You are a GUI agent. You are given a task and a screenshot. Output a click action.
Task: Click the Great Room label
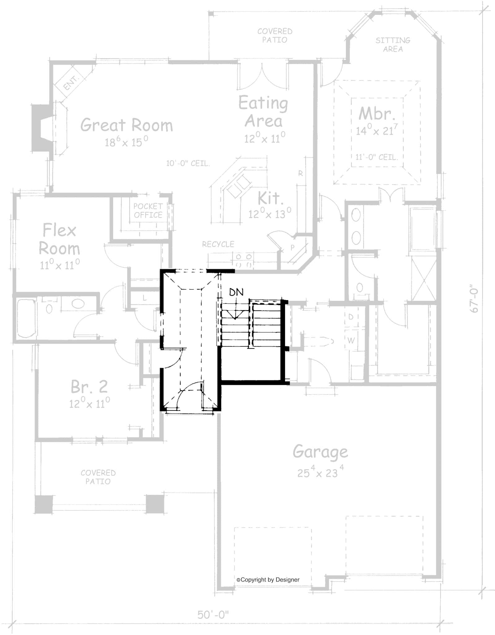point(126,125)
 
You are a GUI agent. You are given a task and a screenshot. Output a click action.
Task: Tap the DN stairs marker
point(236,292)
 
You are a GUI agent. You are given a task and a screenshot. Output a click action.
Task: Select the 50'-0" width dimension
point(213,614)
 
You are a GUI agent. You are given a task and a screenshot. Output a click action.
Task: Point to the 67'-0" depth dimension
point(474,300)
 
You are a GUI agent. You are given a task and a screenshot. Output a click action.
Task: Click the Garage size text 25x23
point(320,473)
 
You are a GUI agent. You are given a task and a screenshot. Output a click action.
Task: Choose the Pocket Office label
point(148,211)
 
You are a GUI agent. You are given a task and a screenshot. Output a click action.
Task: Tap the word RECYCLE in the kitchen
point(218,244)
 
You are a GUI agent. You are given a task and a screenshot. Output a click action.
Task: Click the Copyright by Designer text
point(268,579)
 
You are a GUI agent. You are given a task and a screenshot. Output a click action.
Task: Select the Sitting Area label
point(393,45)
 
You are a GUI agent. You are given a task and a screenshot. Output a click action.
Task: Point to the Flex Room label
point(59,239)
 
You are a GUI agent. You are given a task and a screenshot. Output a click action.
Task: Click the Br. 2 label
point(89,387)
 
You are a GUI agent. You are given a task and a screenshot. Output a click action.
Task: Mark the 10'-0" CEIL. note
point(188,163)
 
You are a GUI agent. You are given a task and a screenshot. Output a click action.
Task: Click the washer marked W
point(351,340)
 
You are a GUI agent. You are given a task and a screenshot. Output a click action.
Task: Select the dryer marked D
point(351,317)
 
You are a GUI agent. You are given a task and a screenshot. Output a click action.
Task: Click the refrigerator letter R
point(300,174)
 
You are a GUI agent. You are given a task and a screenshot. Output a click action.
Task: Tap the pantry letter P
point(292,247)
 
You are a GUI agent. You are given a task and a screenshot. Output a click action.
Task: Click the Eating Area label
point(263,112)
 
